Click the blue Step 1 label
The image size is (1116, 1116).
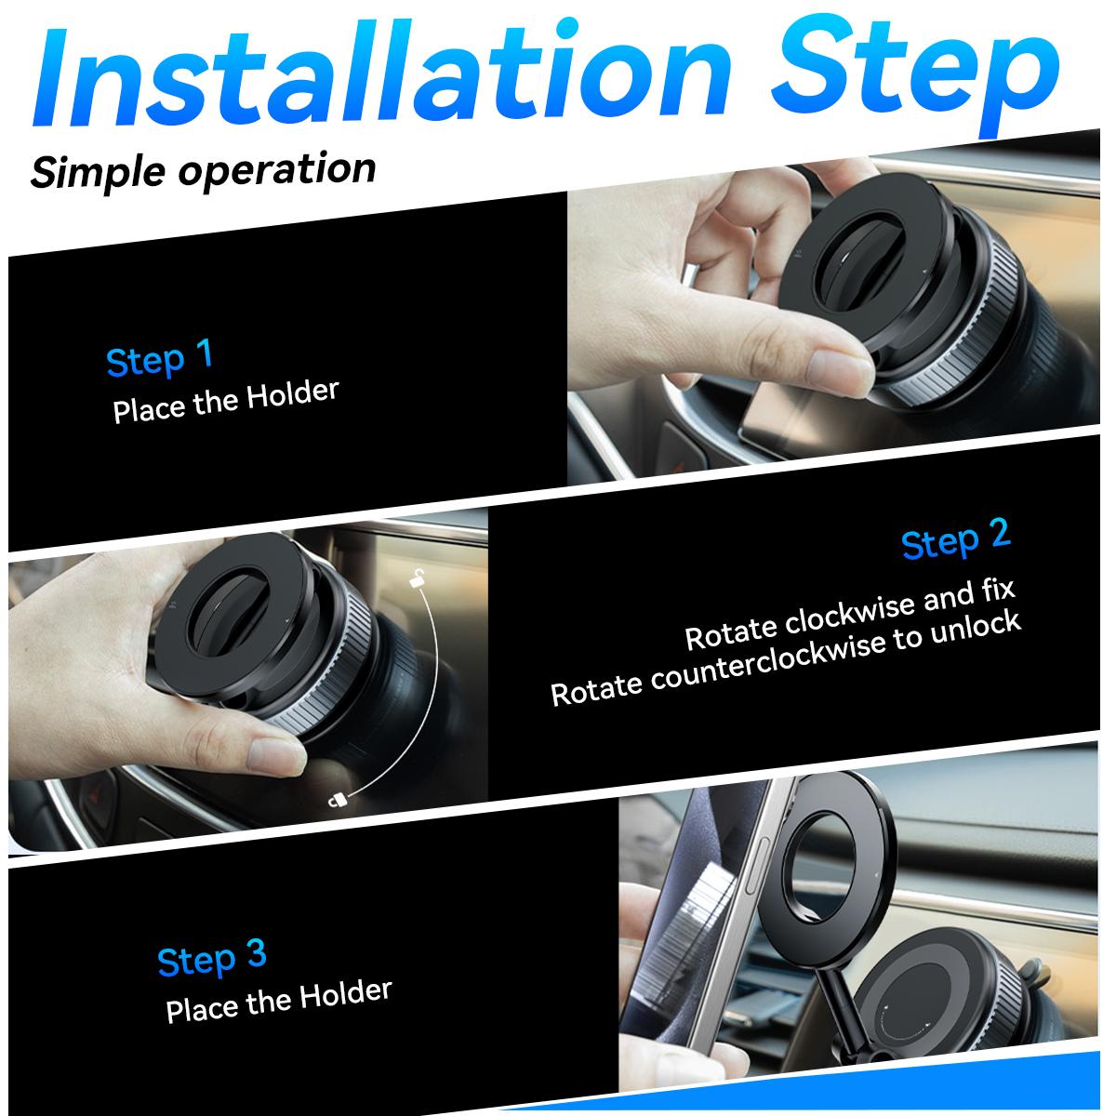(160, 359)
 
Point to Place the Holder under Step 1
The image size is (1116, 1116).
(226, 401)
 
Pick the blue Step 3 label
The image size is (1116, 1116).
(212, 958)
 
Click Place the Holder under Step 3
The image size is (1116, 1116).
(279, 1001)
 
